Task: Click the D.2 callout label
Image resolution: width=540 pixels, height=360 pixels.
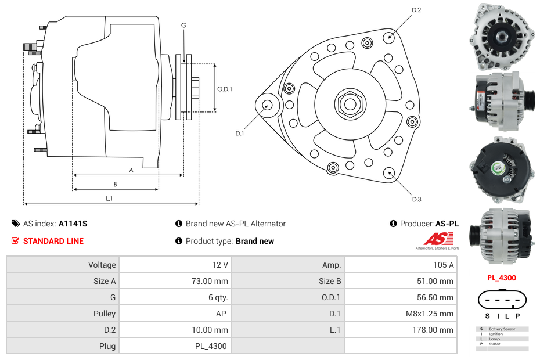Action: (x=416, y=10)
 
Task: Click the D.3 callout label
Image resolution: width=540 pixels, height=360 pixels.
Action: (x=416, y=199)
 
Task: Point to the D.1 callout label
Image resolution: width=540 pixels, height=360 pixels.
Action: (x=239, y=133)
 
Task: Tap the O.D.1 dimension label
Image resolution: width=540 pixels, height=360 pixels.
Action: (x=225, y=89)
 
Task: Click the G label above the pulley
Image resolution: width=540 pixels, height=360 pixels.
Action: (x=183, y=25)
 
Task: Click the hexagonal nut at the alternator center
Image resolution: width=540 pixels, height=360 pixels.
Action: (x=350, y=104)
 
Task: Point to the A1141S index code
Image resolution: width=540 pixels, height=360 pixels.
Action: (x=73, y=224)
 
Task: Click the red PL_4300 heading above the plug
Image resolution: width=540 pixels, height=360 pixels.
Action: (x=502, y=278)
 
